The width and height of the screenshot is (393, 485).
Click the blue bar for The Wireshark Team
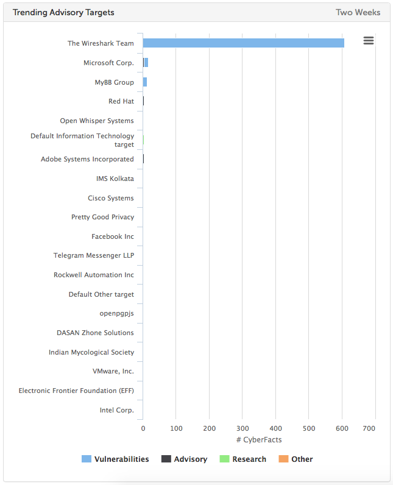pyautogui.click(x=244, y=43)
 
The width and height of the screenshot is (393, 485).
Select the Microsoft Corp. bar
pyautogui.click(x=146, y=63)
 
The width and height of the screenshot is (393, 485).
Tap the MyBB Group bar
pyautogui.click(x=145, y=82)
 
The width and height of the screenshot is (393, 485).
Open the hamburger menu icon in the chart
pyautogui.click(x=368, y=40)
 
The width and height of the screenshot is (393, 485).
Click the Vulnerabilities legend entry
pyautogui.click(x=115, y=459)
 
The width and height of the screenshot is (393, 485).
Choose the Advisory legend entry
pyautogui.click(x=184, y=459)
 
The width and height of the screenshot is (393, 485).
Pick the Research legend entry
pyautogui.click(x=243, y=459)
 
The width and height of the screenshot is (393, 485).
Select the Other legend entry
pyautogui.click(x=296, y=459)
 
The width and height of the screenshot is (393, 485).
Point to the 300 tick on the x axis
pyautogui.click(x=243, y=429)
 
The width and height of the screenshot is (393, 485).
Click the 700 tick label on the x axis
pyautogui.click(x=368, y=429)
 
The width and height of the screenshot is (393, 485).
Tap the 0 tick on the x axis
pyautogui.click(x=143, y=429)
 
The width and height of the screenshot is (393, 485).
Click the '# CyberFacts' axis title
pyautogui.click(x=259, y=440)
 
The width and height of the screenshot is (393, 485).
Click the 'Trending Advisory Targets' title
pyautogui.click(x=63, y=12)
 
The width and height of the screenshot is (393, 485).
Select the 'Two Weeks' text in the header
pyautogui.click(x=358, y=12)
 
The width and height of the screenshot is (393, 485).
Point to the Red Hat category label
pyautogui.click(x=121, y=101)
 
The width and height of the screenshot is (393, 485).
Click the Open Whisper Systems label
pyautogui.click(x=97, y=121)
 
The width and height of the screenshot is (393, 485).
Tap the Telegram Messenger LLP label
pyautogui.click(x=94, y=256)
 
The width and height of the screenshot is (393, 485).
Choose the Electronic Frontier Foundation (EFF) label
pyautogui.click(x=76, y=391)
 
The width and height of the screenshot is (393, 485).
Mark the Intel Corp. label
pyautogui.click(x=116, y=410)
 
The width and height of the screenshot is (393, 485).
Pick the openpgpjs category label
pyautogui.click(x=116, y=314)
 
